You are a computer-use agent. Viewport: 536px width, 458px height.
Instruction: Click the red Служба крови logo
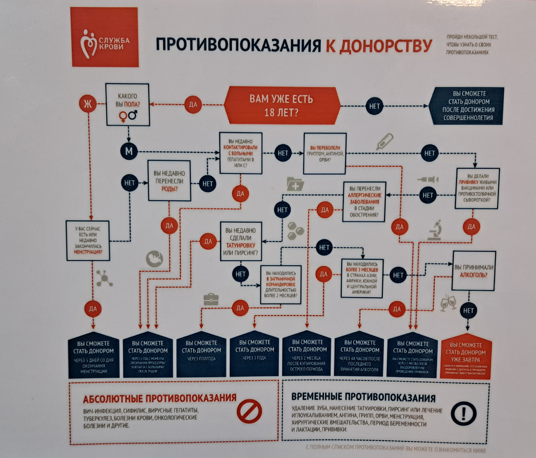point(105,37)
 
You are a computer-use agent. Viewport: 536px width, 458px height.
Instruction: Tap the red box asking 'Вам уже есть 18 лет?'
point(281,105)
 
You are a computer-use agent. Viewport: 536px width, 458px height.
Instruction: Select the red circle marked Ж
point(88,104)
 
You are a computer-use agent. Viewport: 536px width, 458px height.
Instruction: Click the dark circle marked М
point(129,151)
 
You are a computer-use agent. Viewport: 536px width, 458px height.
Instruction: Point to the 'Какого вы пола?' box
point(127,104)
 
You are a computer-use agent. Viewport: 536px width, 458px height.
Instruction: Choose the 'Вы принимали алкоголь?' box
point(474,271)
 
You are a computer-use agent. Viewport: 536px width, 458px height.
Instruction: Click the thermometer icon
point(384,141)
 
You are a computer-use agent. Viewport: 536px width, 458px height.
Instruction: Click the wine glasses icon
point(448,303)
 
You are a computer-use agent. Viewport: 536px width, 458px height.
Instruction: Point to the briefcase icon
point(211,299)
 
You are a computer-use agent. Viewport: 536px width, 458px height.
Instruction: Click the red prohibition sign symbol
point(249,411)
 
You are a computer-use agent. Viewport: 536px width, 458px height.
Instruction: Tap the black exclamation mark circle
point(463,412)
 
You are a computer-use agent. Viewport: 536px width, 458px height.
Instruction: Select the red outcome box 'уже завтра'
point(466,356)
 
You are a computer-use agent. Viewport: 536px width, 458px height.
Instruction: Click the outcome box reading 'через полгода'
point(201,355)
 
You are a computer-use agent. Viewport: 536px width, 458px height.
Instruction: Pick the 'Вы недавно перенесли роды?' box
point(169,180)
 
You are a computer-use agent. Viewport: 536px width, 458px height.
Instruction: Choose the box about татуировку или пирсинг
point(241,241)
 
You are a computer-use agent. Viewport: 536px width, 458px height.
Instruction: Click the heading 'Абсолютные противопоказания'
point(159,399)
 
